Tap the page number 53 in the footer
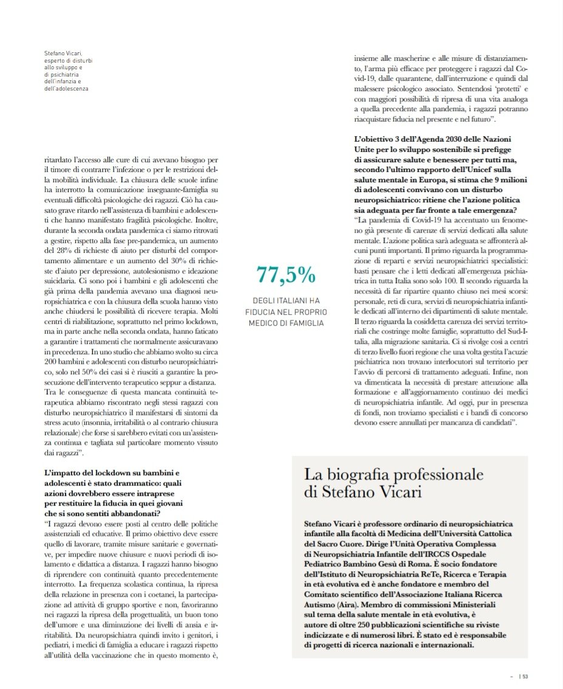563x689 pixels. (x=525, y=675)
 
